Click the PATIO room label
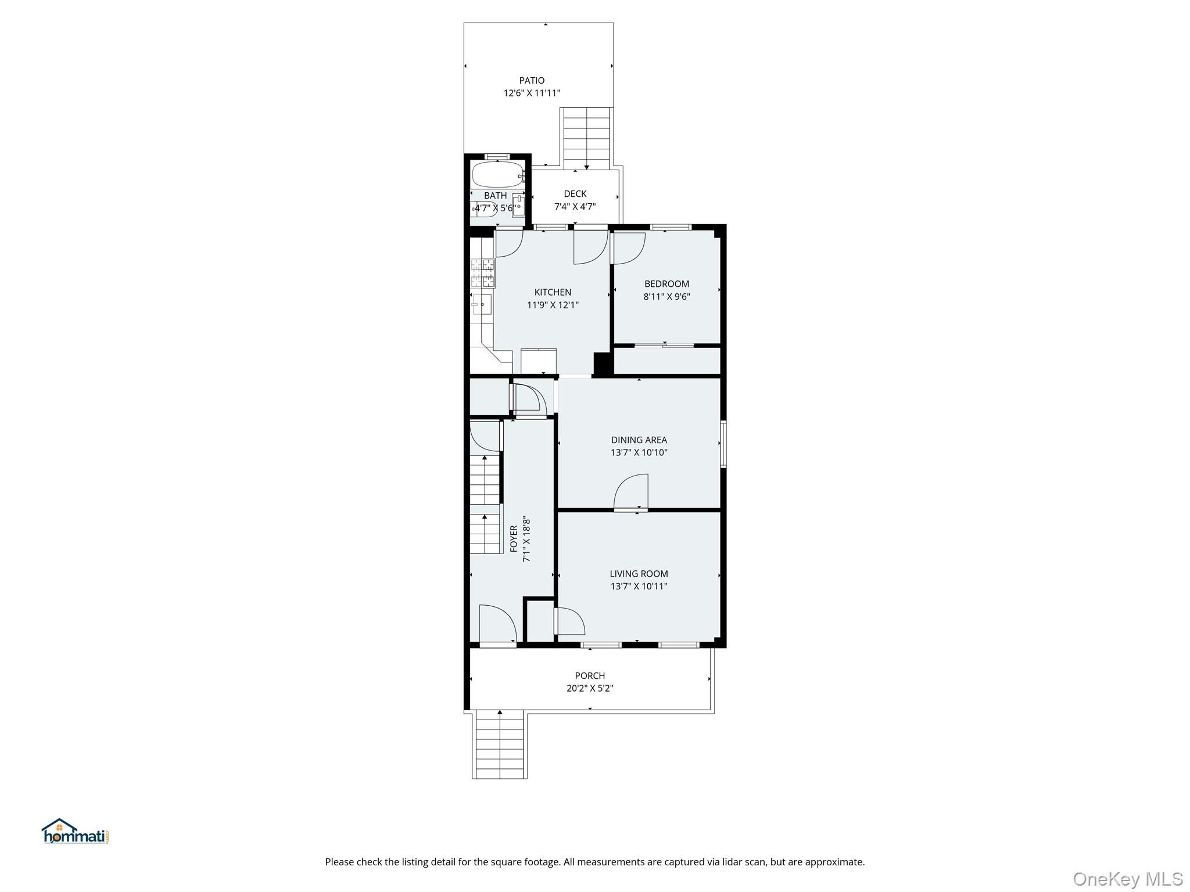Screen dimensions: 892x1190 tap(532, 81)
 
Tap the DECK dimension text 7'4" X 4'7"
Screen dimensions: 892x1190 tap(575, 207)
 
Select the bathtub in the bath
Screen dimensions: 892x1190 tap(497, 174)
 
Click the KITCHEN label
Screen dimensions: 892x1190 tap(553, 292)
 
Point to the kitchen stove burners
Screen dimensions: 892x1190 tap(483, 274)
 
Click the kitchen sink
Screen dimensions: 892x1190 tap(482, 304)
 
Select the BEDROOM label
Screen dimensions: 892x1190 tap(666, 284)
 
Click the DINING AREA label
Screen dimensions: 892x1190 tap(639, 440)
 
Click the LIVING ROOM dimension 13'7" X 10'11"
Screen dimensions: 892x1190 tap(639, 587)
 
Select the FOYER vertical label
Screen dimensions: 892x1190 tap(514, 539)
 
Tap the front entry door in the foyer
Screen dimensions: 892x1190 tap(497, 624)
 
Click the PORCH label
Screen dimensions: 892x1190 tap(590, 676)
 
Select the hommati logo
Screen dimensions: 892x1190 tap(75, 832)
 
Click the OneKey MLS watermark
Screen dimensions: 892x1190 tap(1127, 879)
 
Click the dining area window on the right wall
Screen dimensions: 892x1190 tap(723, 444)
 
